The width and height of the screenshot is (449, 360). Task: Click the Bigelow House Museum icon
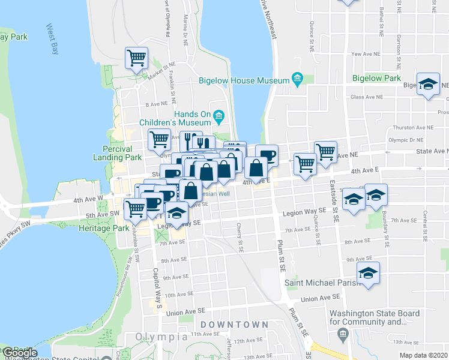click(x=297, y=79)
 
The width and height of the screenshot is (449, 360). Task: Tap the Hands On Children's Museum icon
click(x=218, y=114)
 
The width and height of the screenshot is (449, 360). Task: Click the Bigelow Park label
click(x=376, y=78)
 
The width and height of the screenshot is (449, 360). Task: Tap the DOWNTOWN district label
click(x=234, y=324)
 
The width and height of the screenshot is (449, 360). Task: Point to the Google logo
click(x=20, y=353)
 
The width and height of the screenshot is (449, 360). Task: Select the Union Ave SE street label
click(x=321, y=298)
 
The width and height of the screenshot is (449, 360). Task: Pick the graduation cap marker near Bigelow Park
click(x=428, y=86)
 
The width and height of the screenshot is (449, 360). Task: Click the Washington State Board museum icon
click(x=343, y=333)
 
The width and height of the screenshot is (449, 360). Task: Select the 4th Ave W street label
click(x=88, y=199)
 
